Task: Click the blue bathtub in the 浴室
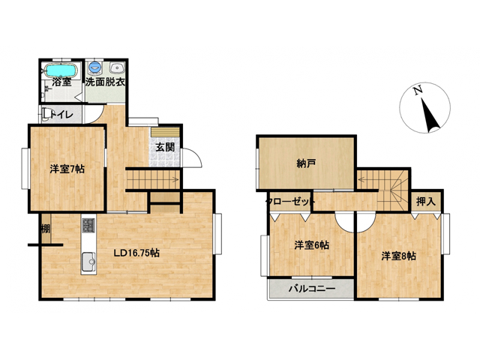coord(61,70)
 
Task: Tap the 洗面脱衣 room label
coord(105,82)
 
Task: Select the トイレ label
coord(61,115)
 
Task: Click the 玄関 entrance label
coord(165,147)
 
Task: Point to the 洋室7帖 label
coord(67,169)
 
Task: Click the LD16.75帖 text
coord(136,253)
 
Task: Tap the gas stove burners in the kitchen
coord(88,226)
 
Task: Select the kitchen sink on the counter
coord(88,262)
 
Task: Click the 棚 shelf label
coord(46,229)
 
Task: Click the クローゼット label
coord(290,202)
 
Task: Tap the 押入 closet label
coord(425,202)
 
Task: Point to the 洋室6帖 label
coord(312,245)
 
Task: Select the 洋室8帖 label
coord(398,256)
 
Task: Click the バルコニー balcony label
coord(312,289)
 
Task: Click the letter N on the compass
coord(418,90)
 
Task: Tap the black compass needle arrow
coord(430,115)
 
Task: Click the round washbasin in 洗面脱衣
coord(116,67)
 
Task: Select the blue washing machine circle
coord(95,66)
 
